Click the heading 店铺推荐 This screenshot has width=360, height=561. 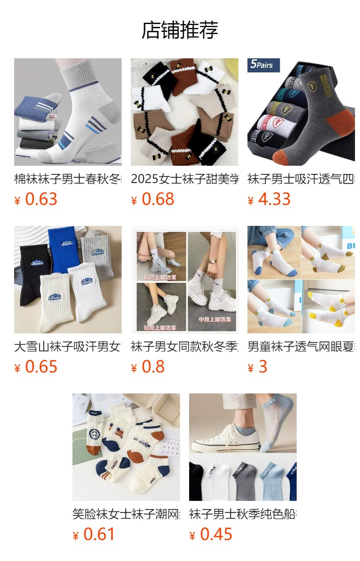click(x=180, y=30)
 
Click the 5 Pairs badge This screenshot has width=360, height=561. click(x=262, y=65)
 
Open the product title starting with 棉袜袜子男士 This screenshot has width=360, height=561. click(x=67, y=179)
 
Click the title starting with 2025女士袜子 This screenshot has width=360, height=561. click(x=184, y=179)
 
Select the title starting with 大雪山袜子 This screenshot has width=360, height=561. click(x=67, y=347)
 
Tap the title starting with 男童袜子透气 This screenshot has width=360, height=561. click(x=301, y=347)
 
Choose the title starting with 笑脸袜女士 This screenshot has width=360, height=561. click(x=126, y=514)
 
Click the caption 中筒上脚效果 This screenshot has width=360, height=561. click(x=215, y=320)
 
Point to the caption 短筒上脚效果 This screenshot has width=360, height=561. click(x=159, y=328)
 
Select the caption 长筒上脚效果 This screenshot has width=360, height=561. click(x=159, y=277)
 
